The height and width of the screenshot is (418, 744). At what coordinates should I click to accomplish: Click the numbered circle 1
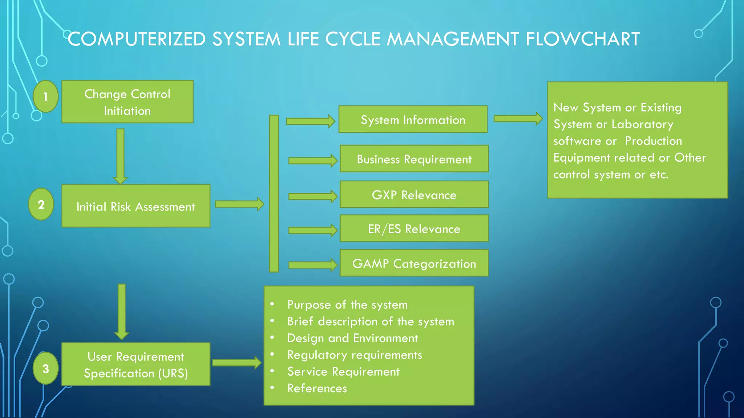(x=45, y=97)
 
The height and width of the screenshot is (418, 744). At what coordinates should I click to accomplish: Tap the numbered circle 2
(x=41, y=204)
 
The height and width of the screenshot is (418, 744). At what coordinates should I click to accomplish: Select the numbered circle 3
(x=45, y=368)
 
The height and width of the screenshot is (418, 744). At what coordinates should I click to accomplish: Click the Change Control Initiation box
(x=127, y=102)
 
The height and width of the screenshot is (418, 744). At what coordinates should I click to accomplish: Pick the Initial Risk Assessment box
(x=136, y=206)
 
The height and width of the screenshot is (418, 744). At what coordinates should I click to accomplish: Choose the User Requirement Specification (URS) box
(x=136, y=364)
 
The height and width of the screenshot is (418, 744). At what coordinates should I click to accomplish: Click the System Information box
(x=413, y=119)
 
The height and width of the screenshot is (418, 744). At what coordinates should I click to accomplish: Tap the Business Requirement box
(x=414, y=159)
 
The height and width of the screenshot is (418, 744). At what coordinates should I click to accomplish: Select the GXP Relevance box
(x=414, y=194)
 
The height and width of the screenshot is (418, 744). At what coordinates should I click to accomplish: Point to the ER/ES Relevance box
(x=414, y=229)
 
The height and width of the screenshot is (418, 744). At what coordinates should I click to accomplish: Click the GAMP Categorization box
(x=414, y=263)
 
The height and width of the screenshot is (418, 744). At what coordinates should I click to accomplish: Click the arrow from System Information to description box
(x=518, y=119)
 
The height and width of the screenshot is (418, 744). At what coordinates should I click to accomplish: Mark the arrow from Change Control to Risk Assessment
(x=120, y=156)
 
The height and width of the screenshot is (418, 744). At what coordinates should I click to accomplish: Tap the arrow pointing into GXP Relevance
(x=312, y=196)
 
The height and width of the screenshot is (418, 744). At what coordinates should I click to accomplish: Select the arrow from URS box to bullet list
(x=236, y=362)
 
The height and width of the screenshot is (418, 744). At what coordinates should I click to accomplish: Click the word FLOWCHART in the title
(x=582, y=39)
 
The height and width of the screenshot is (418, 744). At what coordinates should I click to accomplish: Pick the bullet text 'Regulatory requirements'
(x=355, y=355)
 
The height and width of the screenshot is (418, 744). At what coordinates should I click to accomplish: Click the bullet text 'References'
(x=317, y=388)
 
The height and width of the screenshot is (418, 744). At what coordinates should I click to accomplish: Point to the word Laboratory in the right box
(x=642, y=124)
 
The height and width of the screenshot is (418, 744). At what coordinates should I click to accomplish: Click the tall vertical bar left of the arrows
(x=274, y=193)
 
